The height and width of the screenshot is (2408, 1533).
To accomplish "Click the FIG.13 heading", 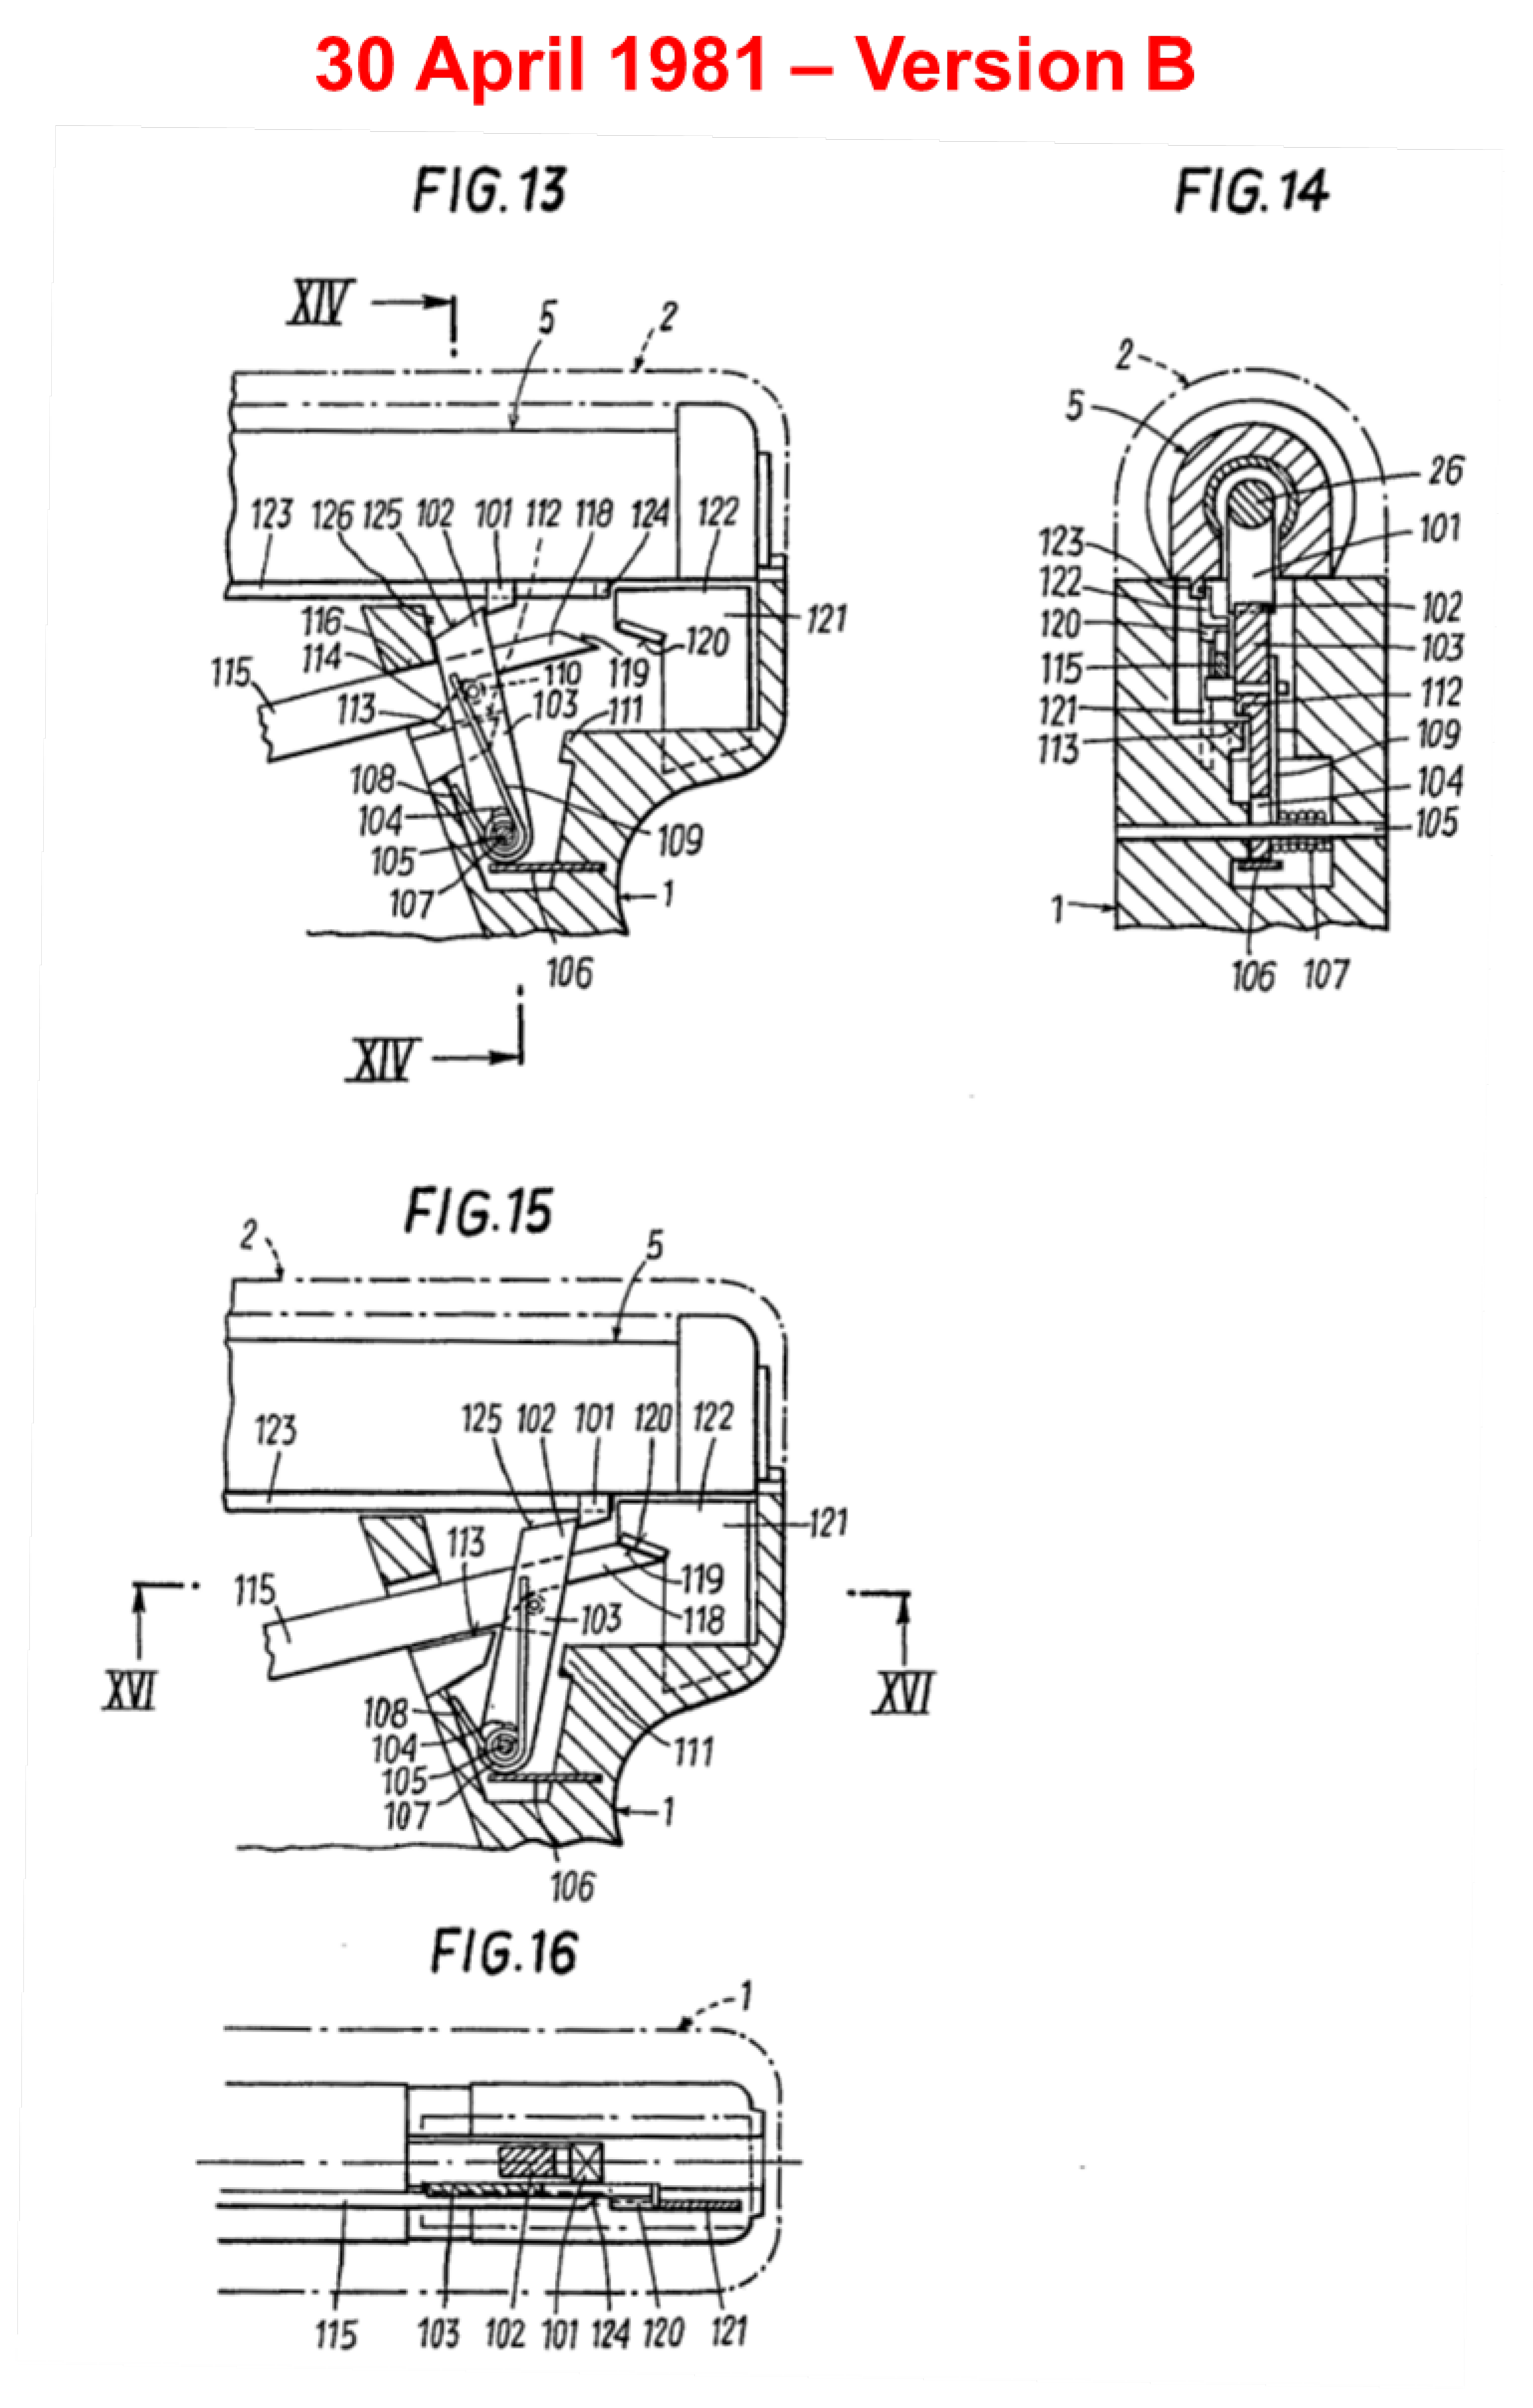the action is click(x=490, y=190).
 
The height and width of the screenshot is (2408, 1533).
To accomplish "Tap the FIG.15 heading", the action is click(x=478, y=1212).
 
